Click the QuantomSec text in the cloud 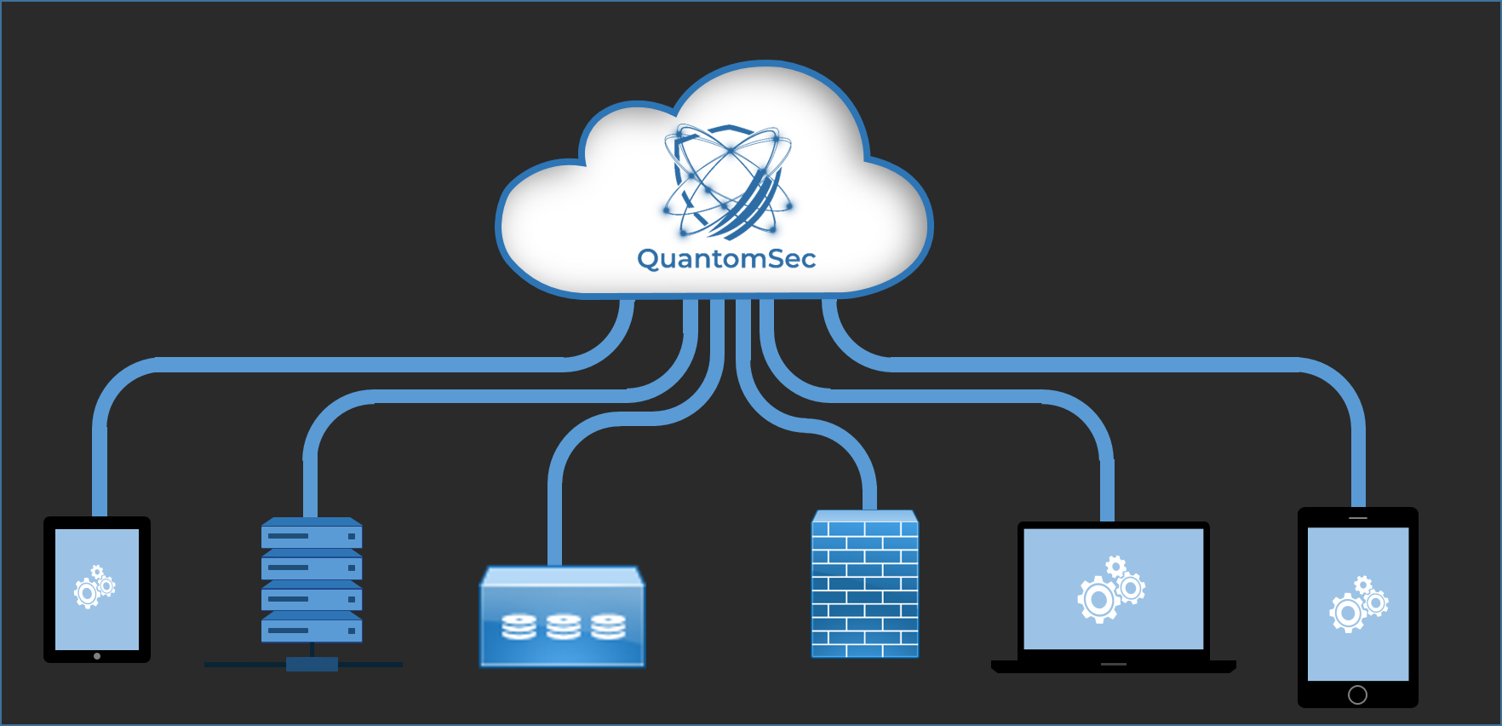pyautogui.click(x=726, y=258)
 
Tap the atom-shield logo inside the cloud pyautogui.click(x=728, y=181)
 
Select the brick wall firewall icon pyautogui.click(x=865, y=586)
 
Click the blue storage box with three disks pyautogui.click(x=563, y=618)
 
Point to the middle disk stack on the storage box pyautogui.click(x=563, y=627)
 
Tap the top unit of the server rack pyautogui.click(x=312, y=535)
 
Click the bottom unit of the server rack pyautogui.click(x=312, y=630)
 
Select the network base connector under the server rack pyautogui.click(x=312, y=664)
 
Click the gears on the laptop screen pyautogui.click(x=1111, y=590)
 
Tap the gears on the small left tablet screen pyautogui.click(x=95, y=587)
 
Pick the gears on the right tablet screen pyautogui.click(x=1359, y=604)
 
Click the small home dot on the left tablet pyautogui.click(x=97, y=656)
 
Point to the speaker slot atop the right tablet pyautogui.click(x=1358, y=518)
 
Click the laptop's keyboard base pyautogui.click(x=1113, y=665)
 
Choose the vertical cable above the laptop pyautogui.click(x=1107, y=486)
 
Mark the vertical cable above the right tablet pyautogui.click(x=1358, y=460)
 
